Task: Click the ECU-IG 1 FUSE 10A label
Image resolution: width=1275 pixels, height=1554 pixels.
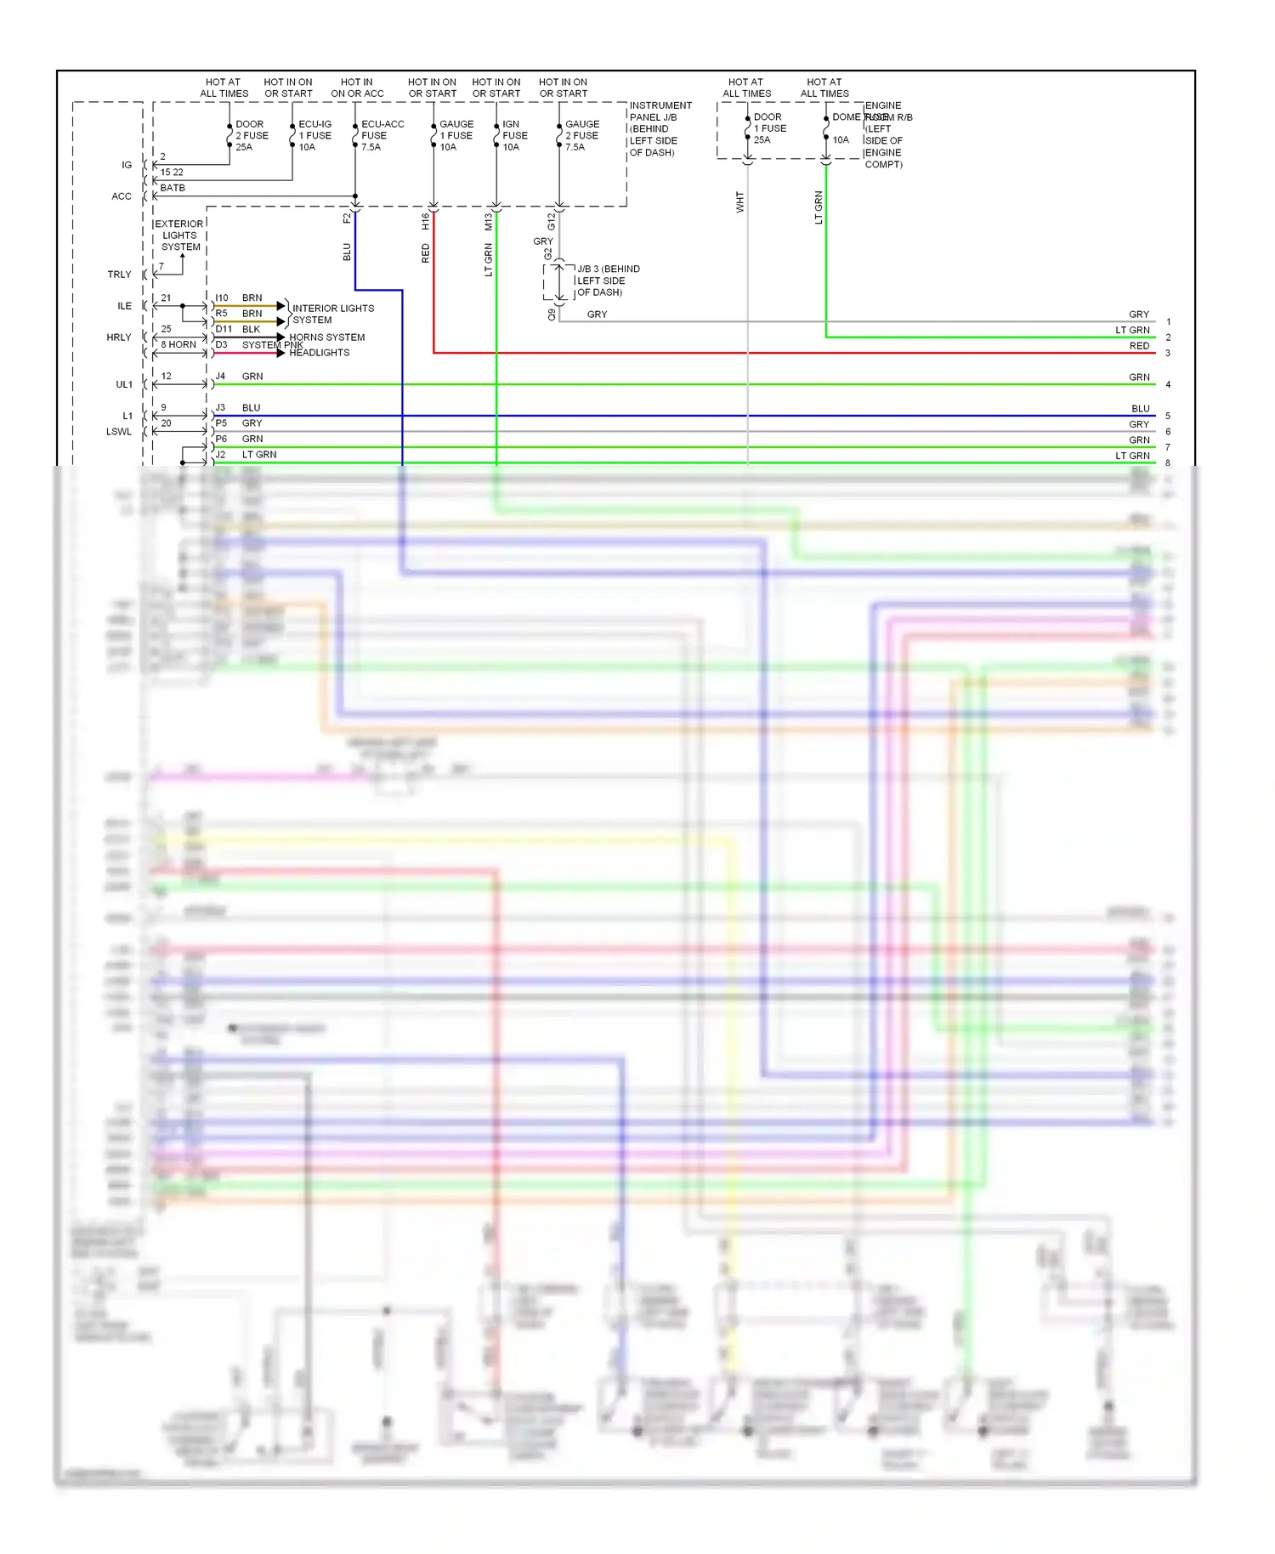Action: (x=314, y=136)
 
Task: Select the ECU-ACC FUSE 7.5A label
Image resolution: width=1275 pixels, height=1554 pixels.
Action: (x=382, y=136)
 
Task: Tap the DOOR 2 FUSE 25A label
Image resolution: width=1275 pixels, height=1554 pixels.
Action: (x=251, y=136)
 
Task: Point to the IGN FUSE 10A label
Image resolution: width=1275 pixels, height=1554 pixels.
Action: (x=514, y=136)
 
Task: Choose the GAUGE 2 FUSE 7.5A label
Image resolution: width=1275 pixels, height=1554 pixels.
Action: (x=581, y=136)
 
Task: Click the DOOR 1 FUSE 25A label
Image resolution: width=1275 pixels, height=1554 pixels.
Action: (x=769, y=128)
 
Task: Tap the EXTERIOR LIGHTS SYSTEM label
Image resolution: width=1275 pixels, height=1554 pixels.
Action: (x=179, y=235)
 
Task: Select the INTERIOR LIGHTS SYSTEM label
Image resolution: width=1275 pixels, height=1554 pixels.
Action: (x=332, y=315)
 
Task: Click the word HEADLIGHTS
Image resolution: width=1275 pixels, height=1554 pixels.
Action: (x=319, y=353)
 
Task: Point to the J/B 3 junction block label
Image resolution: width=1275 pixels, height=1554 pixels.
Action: (x=608, y=281)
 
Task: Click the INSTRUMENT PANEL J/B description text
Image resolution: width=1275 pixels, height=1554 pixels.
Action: (x=660, y=129)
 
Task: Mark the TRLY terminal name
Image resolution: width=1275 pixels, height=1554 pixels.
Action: (x=119, y=275)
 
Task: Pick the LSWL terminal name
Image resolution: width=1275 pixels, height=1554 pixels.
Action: (x=119, y=432)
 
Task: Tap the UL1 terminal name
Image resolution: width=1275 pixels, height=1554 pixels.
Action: (x=124, y=385)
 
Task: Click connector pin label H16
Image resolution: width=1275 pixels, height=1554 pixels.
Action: (x=426, y=221)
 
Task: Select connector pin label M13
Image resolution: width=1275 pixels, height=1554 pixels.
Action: (x=489, y=222)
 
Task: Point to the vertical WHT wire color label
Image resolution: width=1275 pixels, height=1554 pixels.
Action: (x=740, y=201)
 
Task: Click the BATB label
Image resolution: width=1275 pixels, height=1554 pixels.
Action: (x=173, y=188)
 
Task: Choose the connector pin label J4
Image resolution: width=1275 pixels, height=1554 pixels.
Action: (x=220, y=377)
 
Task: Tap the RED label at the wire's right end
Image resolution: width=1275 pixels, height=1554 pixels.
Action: (x=1139, y=346)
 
